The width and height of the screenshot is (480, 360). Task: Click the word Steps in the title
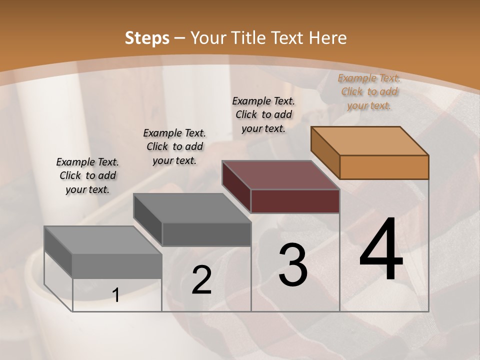click(147, 37)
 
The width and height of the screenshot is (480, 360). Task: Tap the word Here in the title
click(328, 37)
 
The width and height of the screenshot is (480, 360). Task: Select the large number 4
click(381, 249)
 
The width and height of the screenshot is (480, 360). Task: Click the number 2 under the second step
click(201, 280)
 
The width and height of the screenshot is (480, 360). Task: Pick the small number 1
click(116, 295)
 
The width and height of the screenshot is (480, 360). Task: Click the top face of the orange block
click(370, 141)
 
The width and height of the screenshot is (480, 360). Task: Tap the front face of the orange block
click(384, 167)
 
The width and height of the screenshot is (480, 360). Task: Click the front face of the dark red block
click(295, 201)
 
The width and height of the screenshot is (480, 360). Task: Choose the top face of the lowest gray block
click(103, 240)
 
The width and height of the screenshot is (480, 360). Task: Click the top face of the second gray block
click(192, 208)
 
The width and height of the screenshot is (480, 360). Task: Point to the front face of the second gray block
click(206, 234)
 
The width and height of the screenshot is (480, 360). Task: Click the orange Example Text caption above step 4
click(369, 92)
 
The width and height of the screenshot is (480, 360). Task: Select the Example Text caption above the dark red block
click(263, 114)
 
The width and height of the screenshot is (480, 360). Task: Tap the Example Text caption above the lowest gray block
click(87, 175)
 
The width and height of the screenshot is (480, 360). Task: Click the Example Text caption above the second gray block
click(174, 146)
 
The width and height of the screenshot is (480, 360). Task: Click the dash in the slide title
click(180, 38)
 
